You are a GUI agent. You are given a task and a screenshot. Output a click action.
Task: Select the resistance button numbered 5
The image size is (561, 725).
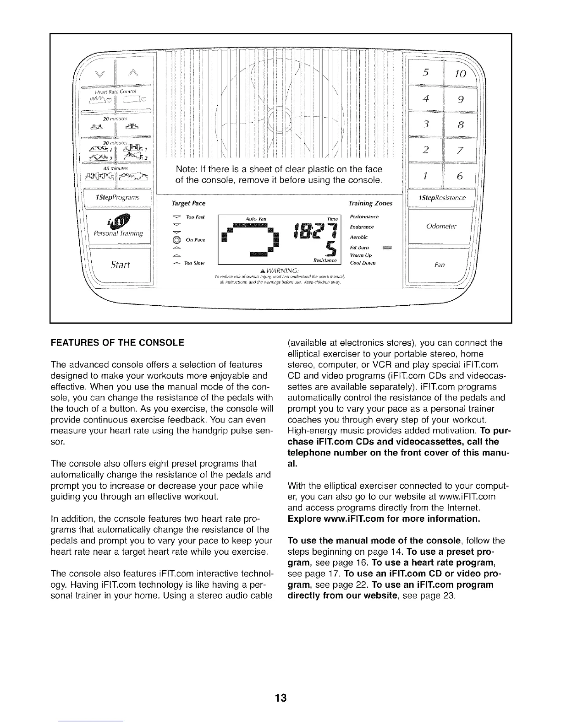[426, 72]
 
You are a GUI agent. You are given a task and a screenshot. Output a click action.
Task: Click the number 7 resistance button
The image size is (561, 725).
[461, 151]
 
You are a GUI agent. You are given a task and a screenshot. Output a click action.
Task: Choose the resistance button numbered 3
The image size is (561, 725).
[426, 125]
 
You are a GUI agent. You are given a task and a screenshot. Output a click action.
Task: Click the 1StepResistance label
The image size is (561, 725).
[442, 198]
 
